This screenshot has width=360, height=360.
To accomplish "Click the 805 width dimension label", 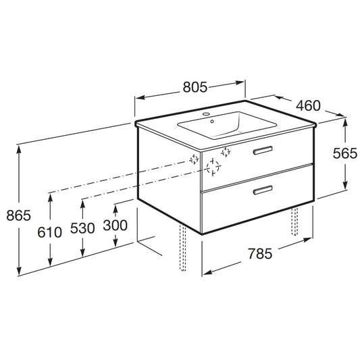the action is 195,87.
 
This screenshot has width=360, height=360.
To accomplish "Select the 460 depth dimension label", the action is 308,105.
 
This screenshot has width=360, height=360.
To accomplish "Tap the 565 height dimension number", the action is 345,153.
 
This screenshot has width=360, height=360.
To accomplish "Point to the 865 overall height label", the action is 19,215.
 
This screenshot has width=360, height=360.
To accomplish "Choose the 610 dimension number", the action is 49,232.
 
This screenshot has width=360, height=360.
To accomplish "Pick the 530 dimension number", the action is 82,228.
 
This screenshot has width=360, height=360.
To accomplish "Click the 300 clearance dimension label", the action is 115,225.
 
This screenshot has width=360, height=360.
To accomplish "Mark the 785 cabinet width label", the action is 260,254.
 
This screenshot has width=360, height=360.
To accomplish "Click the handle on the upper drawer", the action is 263,150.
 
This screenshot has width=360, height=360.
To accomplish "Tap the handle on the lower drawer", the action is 263,190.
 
